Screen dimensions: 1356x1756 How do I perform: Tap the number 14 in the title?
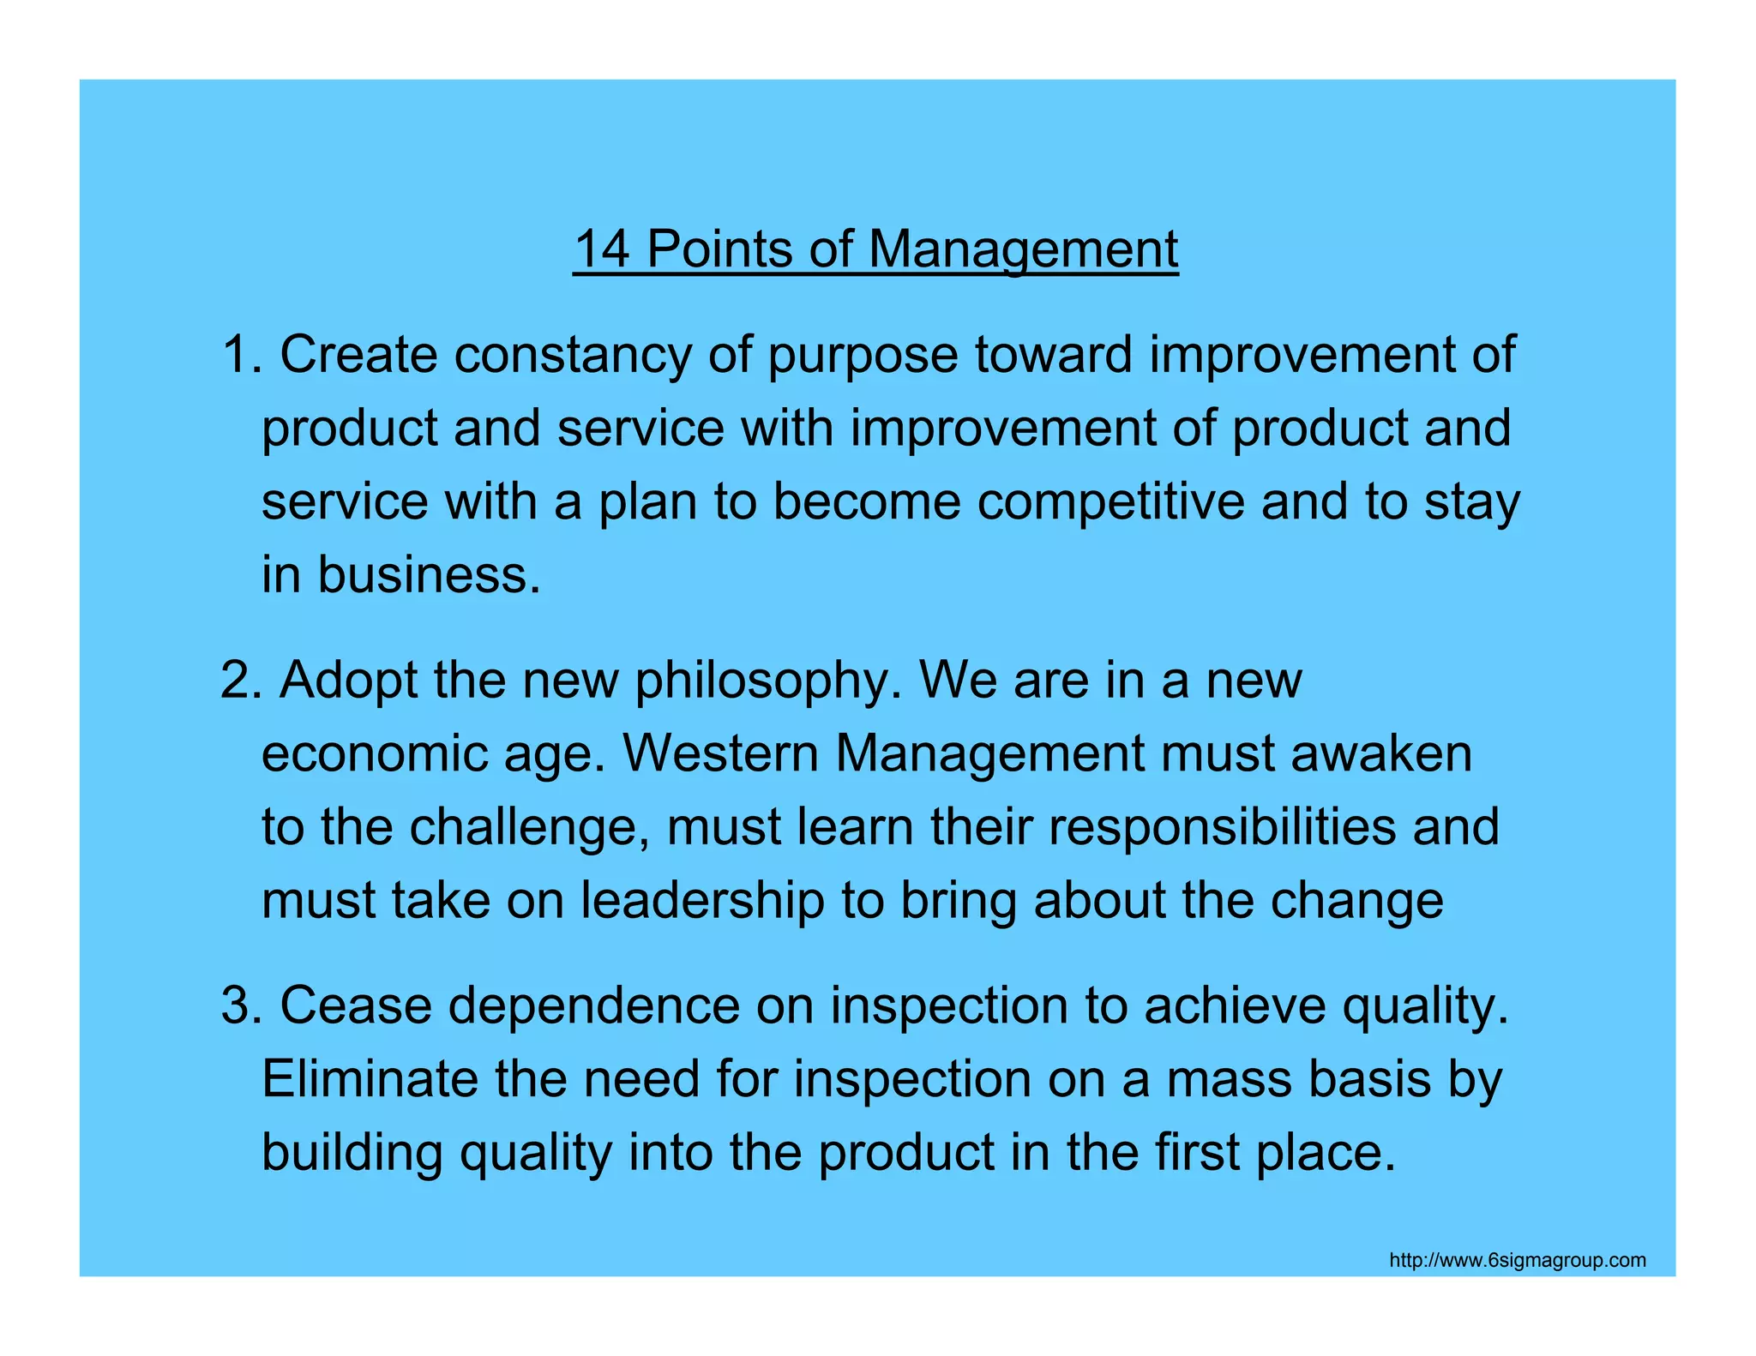tap(601, 249)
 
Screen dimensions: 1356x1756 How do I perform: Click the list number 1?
tap(239, 354)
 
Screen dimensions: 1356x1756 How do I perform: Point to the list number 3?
tap(239, 1005)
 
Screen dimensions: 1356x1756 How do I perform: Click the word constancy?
tap(572, 354)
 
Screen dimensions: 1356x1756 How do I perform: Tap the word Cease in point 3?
tap(356, 1005)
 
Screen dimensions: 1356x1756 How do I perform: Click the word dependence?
tap(593, 1005)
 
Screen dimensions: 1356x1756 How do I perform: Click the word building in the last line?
tap(352, 1153)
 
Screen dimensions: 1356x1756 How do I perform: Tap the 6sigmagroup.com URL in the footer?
tap(1517, 1260)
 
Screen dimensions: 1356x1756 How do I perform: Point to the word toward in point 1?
tap(1053, 354)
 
